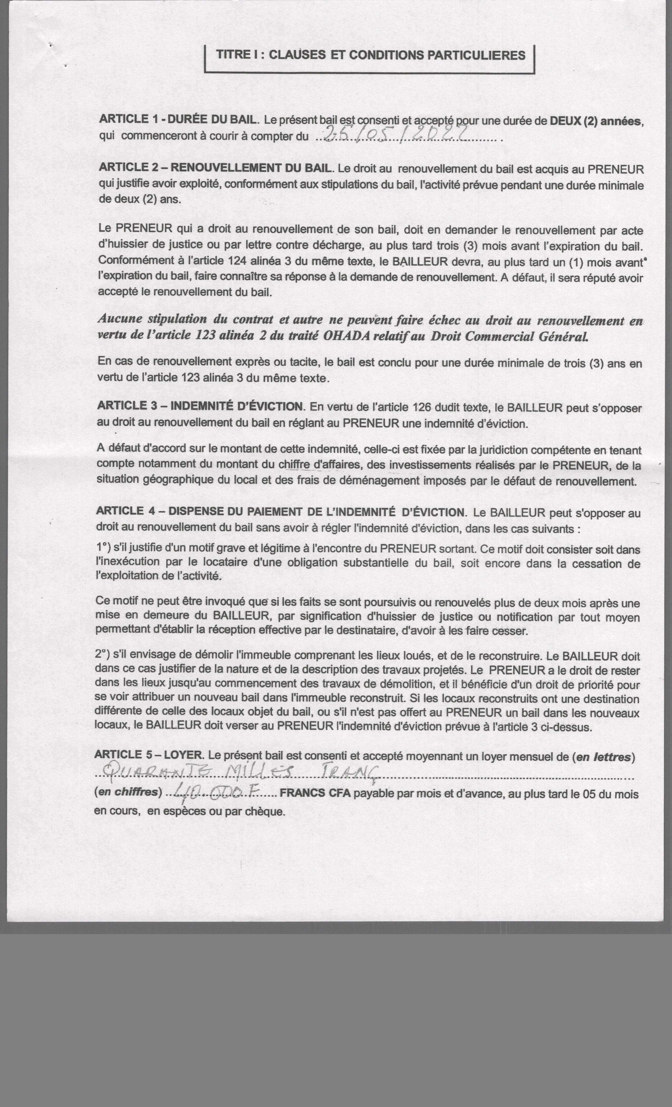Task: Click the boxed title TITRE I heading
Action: click(x=370, y=55)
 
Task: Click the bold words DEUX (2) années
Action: click(x=596, y=121)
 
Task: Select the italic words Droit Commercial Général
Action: click(x=509, y=337)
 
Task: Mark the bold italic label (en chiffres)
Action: click(x=128, y=792)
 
